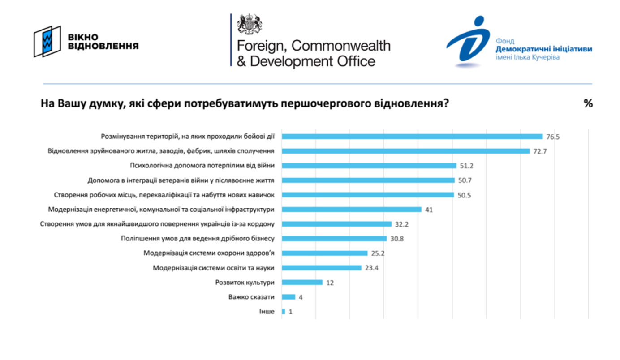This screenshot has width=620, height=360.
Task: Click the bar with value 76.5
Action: pos(412,137)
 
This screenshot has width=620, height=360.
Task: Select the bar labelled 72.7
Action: pos(405,151)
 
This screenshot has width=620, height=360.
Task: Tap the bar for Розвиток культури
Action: pos(302,283)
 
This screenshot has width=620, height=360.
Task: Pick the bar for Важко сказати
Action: pos(288,297)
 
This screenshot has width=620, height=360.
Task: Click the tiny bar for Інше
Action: pos(284,311)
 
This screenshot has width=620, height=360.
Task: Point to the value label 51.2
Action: pos(466,166)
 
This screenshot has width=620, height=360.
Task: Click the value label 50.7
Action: pos(465,180)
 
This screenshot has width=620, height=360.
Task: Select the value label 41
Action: pos(429,210)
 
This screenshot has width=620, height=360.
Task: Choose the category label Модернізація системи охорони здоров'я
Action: pos(209,253)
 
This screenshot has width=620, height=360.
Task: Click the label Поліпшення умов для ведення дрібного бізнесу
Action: pos(198,239)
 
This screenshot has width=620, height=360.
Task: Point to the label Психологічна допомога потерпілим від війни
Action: pos(202,166)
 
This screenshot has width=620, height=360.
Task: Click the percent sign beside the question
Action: pos(588,103)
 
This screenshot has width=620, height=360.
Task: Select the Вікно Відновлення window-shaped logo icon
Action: pos(47,41)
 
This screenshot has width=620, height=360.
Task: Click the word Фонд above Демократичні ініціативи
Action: pos(504,41)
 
